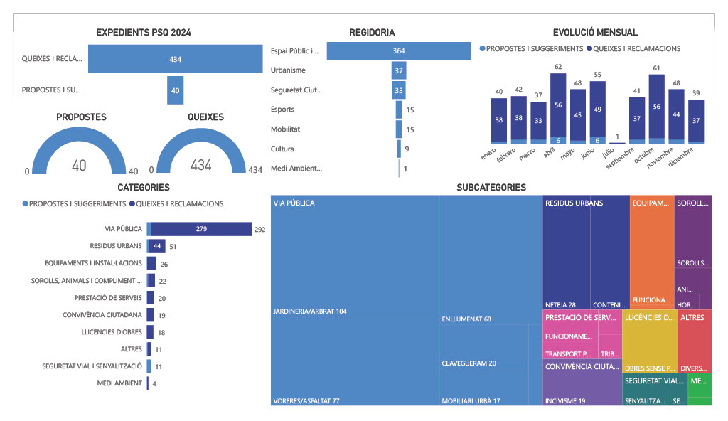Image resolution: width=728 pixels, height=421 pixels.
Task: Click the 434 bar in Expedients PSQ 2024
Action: click(175, 59)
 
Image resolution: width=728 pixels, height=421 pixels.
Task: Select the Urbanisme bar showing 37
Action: click(399, 70)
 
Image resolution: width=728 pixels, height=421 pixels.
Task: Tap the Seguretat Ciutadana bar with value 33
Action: click(399, 90)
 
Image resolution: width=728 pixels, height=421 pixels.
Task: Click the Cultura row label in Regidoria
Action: click(282, 149)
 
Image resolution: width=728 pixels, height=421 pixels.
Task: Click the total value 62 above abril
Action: click(558, 67)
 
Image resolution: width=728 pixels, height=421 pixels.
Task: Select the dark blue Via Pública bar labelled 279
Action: click(201, 229)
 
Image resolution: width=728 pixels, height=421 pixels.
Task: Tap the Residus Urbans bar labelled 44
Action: click(156, 246)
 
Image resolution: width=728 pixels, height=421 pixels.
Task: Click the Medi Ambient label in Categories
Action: click(119, 384)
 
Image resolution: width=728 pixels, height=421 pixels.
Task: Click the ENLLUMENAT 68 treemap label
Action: click(466, 319)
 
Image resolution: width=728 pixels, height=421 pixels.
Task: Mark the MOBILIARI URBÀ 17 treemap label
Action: click(471, 401)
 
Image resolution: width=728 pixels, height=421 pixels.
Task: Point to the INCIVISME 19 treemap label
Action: click(565, 401)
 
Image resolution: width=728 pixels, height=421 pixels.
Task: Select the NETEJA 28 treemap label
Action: click(560, 304)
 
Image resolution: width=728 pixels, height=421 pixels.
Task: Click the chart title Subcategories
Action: click(491, 188)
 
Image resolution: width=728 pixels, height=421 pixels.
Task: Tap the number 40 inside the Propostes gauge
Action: click(79, 165)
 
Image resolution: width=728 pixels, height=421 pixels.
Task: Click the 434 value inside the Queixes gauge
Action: click(200, 165)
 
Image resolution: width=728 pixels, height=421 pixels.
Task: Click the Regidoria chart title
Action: click(372, 33)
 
